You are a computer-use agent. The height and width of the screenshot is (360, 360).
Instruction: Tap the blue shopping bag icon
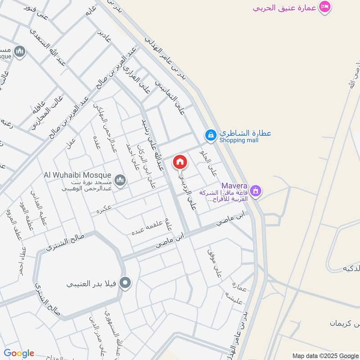[x=210, y=134]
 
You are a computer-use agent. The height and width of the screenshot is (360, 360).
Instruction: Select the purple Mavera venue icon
[x=256, y=191]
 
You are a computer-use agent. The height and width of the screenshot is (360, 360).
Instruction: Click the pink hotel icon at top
[x=324, y=7]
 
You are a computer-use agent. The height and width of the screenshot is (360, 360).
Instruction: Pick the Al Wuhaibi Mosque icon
[x=120, y=181]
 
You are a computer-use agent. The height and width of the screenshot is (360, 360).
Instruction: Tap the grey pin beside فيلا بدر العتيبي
[x=126, y=283]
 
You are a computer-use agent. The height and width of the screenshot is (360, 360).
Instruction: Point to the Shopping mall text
[x=238, y=140]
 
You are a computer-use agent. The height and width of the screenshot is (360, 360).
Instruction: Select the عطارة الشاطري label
[x=245, y=133]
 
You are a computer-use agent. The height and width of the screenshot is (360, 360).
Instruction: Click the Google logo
[x=19, y=353]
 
